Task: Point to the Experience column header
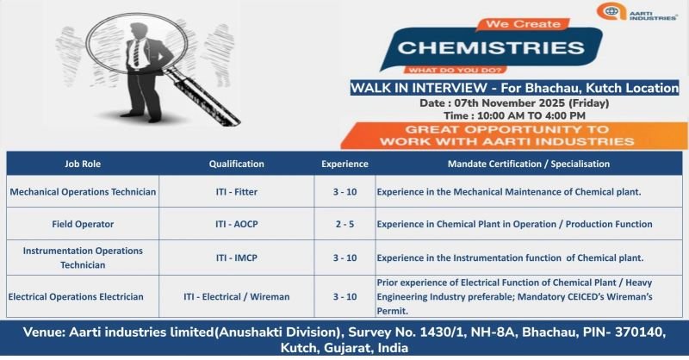coord(344,163)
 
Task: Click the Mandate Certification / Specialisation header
coord(529,163)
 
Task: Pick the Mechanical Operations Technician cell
coord(83,191)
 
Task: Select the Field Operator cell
coord(83,224)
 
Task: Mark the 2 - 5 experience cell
coord(344,224)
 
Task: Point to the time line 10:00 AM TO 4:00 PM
coord(514,115)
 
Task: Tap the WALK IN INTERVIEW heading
coord(514,87)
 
